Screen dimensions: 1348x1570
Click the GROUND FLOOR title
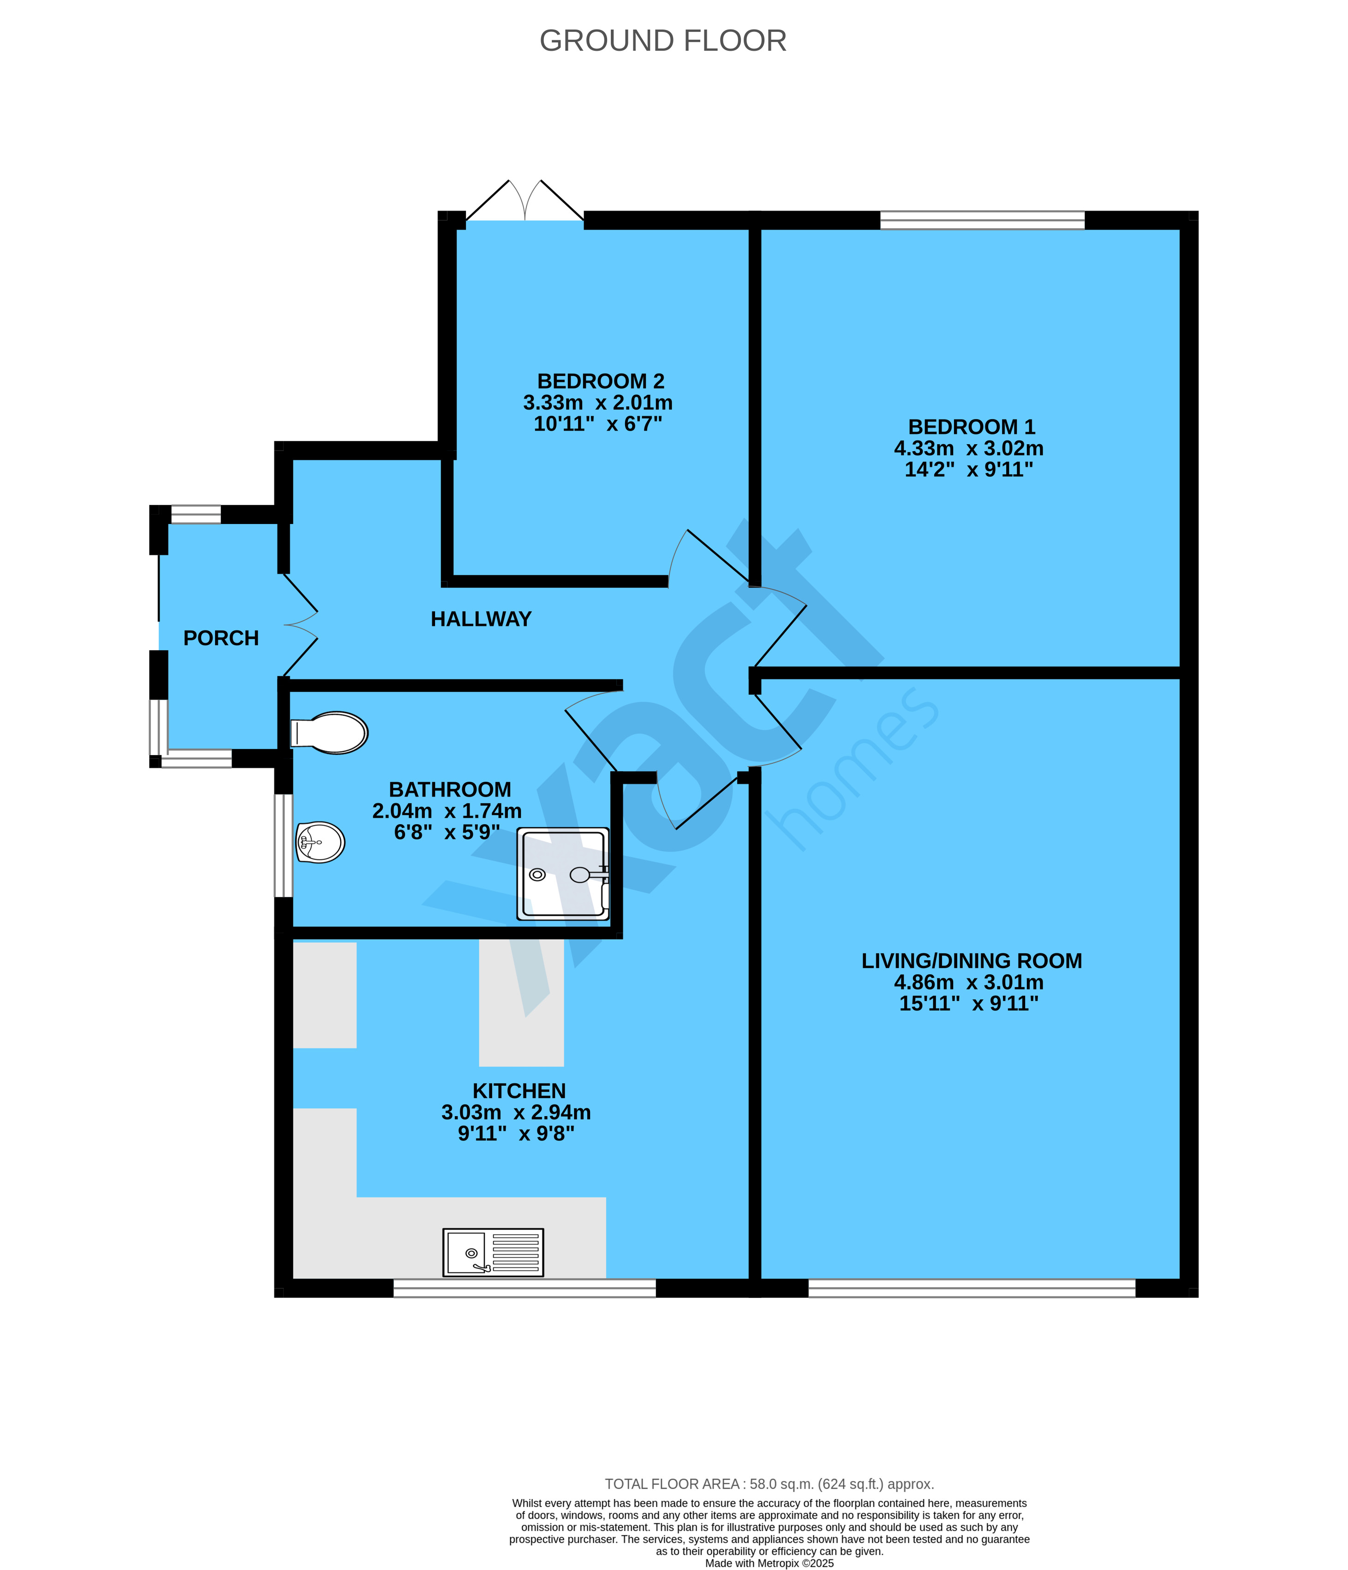[663, 41]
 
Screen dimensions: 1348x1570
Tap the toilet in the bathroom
[329, 733]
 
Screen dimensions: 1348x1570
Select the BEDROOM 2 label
[601, 381]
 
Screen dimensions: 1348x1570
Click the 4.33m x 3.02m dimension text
[968, 449]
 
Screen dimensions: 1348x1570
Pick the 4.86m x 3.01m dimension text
[968, 983]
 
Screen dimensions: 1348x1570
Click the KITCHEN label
[519, 1091]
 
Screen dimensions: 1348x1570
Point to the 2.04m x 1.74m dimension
[447, 811]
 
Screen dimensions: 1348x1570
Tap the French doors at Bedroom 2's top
[525, 202]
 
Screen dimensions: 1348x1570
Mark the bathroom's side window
[283, 845]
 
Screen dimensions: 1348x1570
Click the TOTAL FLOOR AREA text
[769, 1484]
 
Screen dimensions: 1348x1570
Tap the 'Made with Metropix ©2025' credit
[769, 1563]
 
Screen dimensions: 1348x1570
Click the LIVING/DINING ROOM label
[972, 961]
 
